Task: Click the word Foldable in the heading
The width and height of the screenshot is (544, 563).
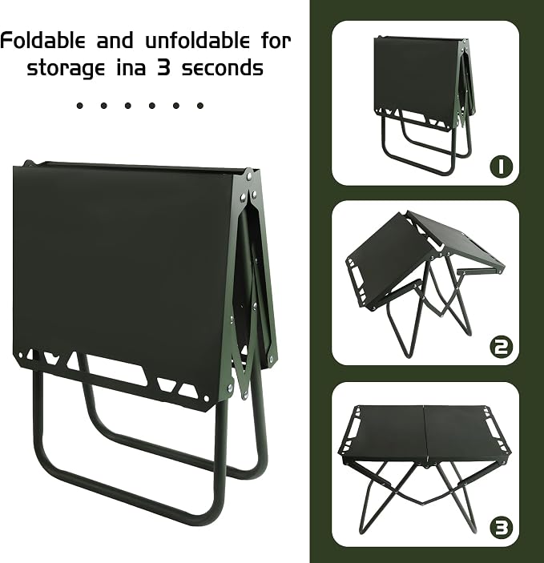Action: (x=42, y=40)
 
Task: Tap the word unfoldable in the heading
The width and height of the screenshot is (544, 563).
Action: (x=197, y=40)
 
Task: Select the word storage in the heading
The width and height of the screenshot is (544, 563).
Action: (x=66, y=68)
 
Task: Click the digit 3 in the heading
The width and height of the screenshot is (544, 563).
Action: (x=163, y=66)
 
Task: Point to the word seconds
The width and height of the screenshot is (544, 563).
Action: (x=223, y=66)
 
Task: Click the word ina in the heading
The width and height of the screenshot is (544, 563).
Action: (x=131, y=66)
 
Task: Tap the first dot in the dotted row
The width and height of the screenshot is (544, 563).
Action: (x=80, y=106)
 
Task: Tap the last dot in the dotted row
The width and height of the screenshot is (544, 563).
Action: (x=200, y=106)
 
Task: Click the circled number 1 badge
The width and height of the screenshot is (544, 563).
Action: (x=502, y=167)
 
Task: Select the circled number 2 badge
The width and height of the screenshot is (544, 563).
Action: (x=502, y=347)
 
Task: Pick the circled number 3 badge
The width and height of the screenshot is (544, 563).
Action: (x=502, y=528)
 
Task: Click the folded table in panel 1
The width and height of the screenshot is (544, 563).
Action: (x=424, y=104)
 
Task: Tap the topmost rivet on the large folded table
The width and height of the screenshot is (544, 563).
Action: (x=249, y=176)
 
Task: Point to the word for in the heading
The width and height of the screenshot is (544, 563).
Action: (x=276, y=40)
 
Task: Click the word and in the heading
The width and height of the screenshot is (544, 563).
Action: (x=115, y=40)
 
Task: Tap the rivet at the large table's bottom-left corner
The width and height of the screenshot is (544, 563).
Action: (x=21, y=356)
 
